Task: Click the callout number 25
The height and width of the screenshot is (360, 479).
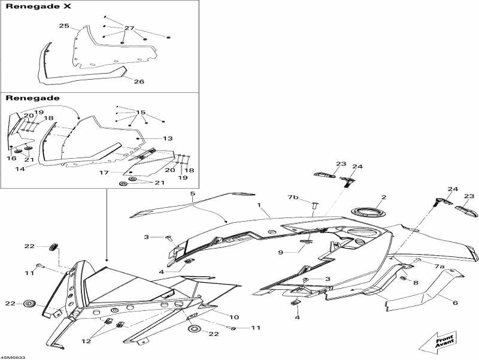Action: (64, 26)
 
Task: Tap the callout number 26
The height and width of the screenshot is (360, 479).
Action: (138, 81)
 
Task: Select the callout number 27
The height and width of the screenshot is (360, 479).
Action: (129, 28)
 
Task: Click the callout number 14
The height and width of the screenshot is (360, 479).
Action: (20, 169)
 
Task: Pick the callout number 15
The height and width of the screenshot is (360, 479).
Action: (141, 113)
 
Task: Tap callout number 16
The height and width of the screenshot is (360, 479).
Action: (11, 158)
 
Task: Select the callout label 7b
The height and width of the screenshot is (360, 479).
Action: (293, 197)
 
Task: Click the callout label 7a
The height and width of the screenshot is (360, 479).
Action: (439, 266)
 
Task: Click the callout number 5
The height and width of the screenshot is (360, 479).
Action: (193, 194)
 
